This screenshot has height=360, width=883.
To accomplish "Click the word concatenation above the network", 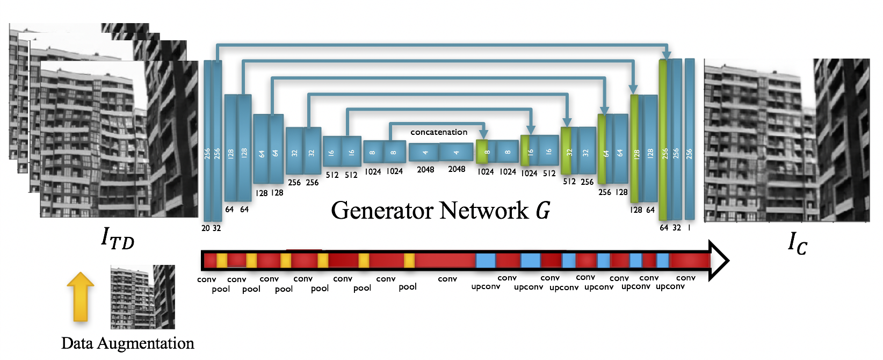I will (x=439, y=132).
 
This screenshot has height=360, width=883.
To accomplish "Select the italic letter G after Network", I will (x=543, y=210).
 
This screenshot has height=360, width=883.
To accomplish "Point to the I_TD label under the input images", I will (x=117, y=237).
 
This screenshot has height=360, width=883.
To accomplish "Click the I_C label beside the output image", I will (x=797, y=243).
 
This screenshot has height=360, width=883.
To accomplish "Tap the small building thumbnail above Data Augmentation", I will (x=143, y=297).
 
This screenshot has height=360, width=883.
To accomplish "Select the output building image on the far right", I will (x=786, y=140).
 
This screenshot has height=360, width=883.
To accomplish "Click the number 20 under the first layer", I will (x=206, y=228).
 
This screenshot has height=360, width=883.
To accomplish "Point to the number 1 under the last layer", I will (x=689, y=227).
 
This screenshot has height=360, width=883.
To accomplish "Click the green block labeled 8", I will (x=482, y=152).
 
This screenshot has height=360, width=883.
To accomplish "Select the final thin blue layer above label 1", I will (x=690, y=139).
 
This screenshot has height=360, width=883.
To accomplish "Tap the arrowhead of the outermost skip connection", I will (x=667, y=55).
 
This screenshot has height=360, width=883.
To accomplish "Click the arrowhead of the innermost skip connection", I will (x=483, y=134).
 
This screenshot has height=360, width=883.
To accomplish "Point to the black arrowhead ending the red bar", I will (x=719, y=261).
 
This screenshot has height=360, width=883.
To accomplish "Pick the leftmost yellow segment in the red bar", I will (x=221, y=261).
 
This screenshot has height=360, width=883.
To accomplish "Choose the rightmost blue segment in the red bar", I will (x=663, y=261).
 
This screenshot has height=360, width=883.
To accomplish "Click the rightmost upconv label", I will (x=670, y=287).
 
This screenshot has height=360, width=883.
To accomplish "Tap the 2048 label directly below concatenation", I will (x=457, y=169).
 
